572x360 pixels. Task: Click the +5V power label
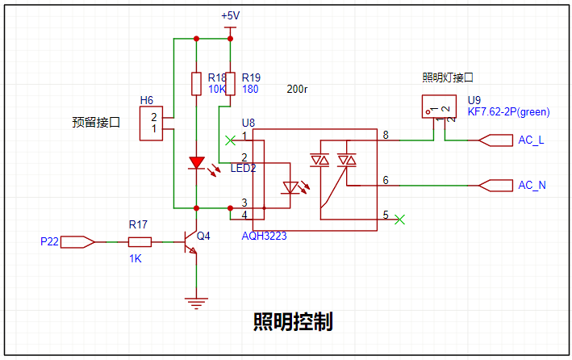coord(230,15)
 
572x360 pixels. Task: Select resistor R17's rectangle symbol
coord(140,242)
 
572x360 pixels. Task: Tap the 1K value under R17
coord(135,258)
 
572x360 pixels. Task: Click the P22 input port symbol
coord(77,242)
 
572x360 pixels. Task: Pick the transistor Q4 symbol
coord(190,242)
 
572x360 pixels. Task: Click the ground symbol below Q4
coord(196,303)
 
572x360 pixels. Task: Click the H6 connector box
coord(151,123)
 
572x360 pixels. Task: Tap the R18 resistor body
coord(196,84)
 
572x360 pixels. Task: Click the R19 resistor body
coord(230,84)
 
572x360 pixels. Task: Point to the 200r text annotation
coord(297,89)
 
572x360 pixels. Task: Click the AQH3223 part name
coord(264,236)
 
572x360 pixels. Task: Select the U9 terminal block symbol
coord(439,107)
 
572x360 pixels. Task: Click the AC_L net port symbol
coord(495,140)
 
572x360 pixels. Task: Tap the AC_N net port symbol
coord(495,186)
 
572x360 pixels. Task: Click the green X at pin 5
coord(400,220)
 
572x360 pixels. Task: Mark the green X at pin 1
coord(230,140)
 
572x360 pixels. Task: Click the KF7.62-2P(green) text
coord(508,111)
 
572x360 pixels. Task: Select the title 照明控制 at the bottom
coord(293,322)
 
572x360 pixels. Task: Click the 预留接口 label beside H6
coord(96,122)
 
